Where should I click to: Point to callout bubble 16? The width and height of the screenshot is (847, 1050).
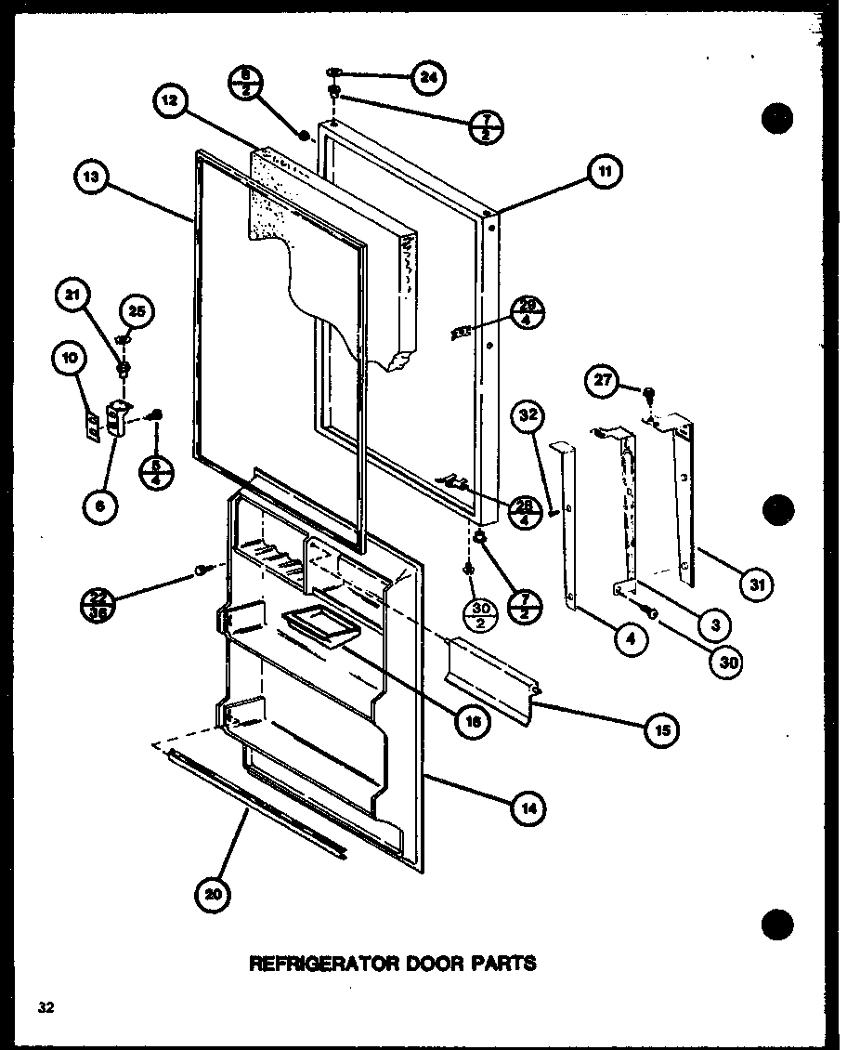click(x=474, y=724)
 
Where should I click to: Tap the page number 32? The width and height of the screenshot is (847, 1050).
click(x=46, y=1006)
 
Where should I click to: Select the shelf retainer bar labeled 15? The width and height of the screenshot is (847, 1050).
click(x=490, y=679)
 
